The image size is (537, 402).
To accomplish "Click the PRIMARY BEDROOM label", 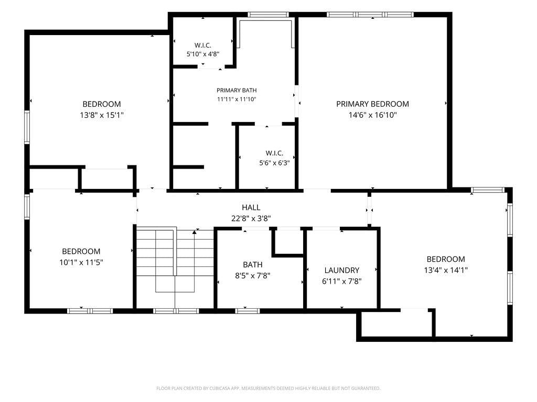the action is [372, 104].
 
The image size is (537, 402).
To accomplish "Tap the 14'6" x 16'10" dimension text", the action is [373, 115].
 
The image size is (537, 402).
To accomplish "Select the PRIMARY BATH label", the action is [237, 90].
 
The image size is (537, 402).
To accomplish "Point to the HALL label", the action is [251, 207].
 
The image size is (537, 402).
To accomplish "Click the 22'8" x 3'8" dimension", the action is [251, 218].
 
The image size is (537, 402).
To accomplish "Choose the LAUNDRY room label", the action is [342, 271].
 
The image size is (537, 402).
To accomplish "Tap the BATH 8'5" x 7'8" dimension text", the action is [253, 275].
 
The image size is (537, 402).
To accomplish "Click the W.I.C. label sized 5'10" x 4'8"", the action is [203, 45].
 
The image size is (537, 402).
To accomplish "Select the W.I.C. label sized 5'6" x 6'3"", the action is [274, 153].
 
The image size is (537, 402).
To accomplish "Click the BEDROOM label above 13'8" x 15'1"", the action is [102, 104].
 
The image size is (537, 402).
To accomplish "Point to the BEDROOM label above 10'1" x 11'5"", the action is [81, 251].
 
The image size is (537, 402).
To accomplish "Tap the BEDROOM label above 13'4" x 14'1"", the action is [446, 259].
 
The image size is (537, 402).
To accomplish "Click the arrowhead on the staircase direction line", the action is [195, 232].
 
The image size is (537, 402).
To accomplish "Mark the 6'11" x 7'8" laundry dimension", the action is [342, 281].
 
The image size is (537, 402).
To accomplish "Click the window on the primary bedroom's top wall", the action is [370, 14].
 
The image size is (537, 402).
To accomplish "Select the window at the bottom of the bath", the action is [248, 311].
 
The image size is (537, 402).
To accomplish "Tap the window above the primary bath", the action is [268, 14].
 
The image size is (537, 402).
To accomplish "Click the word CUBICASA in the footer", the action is [225, 388].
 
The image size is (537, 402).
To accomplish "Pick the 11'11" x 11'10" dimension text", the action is [237, 99].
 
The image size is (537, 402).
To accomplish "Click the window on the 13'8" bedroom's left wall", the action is [27, 127].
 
